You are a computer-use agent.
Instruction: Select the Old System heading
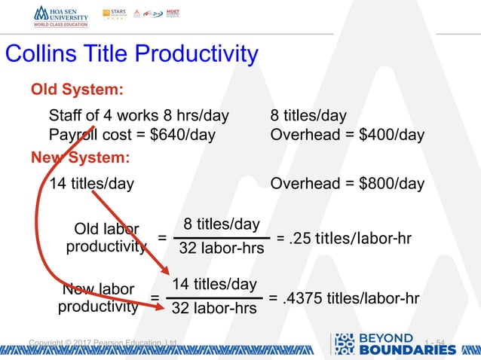click(76, 90)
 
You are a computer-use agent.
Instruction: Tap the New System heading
click(80, 158)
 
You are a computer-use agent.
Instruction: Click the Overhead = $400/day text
click(347, 136)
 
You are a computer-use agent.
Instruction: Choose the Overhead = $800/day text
click(347, 184)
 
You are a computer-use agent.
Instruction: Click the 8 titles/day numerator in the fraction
click(222, 224)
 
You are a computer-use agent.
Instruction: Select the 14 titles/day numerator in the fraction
click(215, 284)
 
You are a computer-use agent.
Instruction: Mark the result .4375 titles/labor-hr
click(344, 298)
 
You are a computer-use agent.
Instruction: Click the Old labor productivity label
click(106, 237)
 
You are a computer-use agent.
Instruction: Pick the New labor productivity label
click(98, 298)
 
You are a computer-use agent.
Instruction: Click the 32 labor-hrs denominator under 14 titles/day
click(215, 308)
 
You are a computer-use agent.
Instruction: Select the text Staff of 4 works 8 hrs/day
click(138, 116)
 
